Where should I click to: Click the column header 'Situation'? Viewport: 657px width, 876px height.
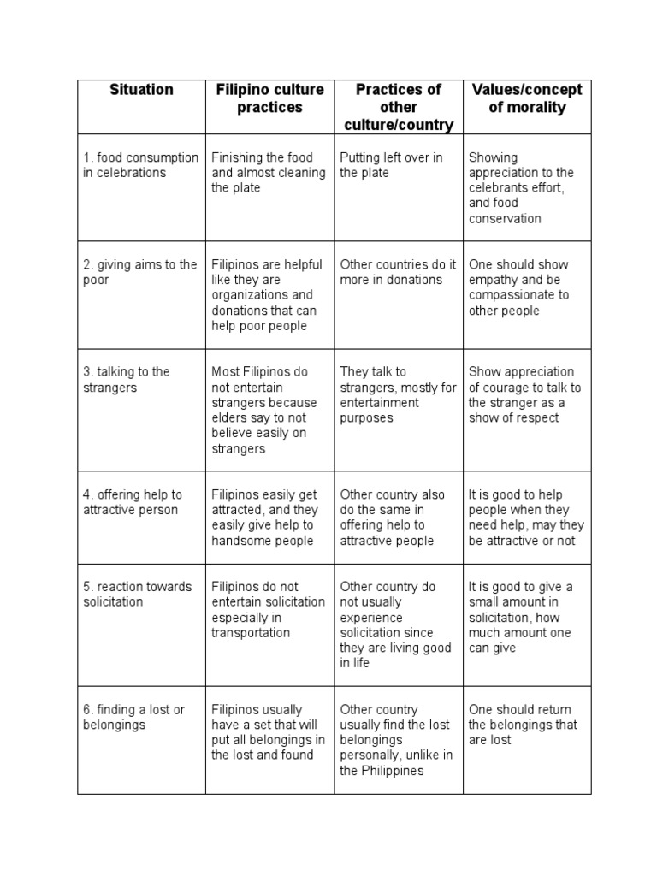141,90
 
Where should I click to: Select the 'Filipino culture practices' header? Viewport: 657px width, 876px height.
269,98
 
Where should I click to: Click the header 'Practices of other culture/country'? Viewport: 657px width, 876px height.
398,107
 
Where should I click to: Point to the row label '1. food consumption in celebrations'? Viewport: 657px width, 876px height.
140,165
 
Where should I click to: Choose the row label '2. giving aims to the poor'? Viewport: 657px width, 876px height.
140,272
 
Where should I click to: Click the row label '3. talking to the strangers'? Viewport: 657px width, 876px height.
127,380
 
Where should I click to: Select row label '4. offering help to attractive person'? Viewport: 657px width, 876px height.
133,502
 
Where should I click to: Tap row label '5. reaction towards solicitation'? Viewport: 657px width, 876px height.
137,595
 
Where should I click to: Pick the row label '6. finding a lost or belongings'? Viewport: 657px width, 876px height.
133,717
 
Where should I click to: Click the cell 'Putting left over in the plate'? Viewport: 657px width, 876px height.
391,165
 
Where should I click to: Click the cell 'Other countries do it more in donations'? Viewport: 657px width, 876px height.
398,272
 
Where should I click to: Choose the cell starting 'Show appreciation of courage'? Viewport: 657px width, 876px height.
524,395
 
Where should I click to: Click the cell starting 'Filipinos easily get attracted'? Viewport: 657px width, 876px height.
264,518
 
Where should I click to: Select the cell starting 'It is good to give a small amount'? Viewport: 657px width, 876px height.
522,618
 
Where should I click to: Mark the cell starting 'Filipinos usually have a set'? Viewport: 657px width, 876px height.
268,732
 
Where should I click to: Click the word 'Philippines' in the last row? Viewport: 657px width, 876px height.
394,771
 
